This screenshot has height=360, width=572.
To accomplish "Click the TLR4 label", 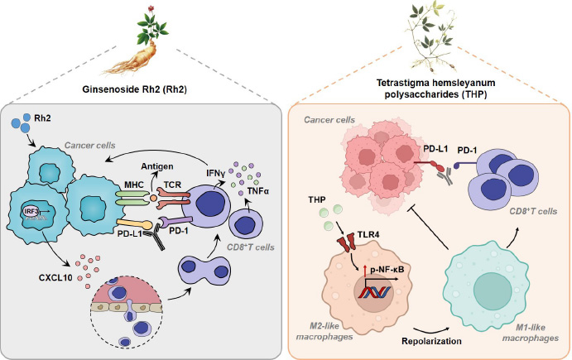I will [x=359, y=234].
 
